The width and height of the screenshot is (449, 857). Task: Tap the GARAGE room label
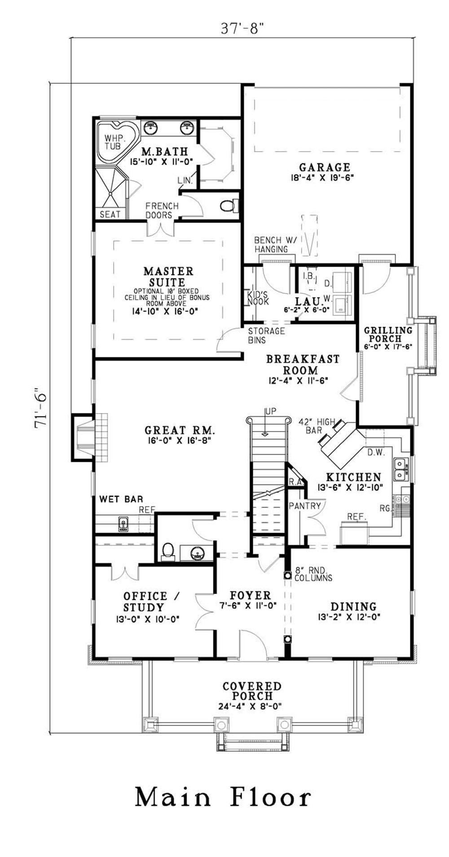pos(325,167)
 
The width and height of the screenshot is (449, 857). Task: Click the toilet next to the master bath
pos(228,206)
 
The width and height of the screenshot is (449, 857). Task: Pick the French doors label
pos(162,210)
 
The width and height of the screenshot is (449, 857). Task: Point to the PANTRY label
pos(305,506)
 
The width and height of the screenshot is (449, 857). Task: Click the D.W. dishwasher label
pos(376,452)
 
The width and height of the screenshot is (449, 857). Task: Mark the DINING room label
pos(353,607)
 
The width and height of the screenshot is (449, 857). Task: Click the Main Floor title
pos(223,797)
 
